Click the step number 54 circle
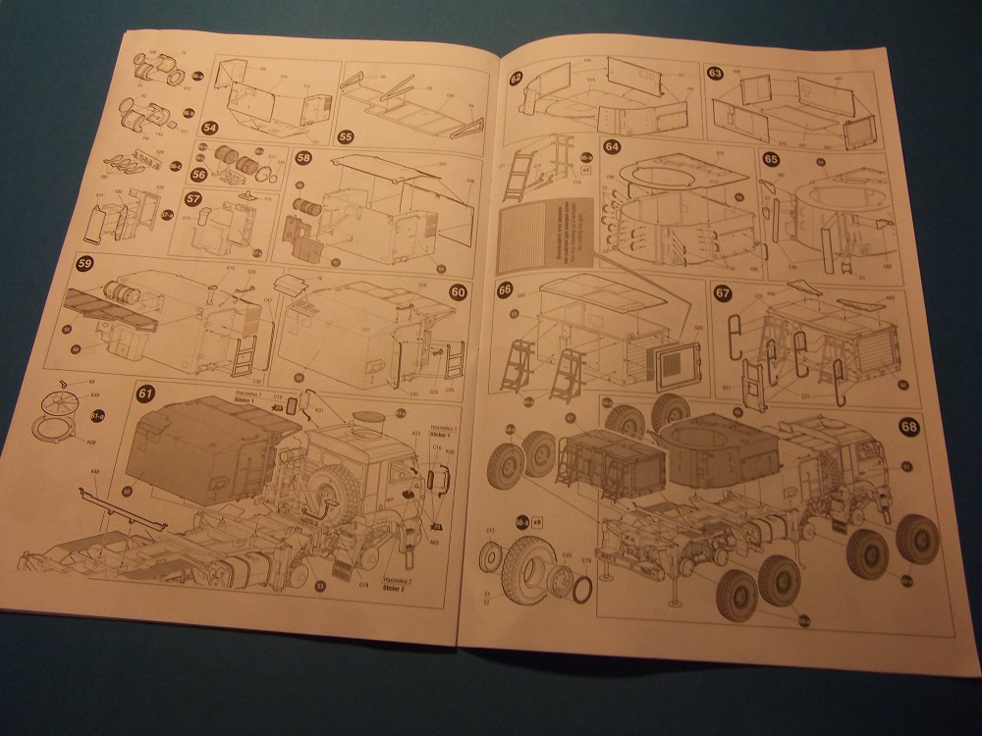(x=209, y=129)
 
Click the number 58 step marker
(x=303, y=160)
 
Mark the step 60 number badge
(x=457, y=291)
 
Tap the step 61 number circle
(x=145, y=394)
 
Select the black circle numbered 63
(x=715, y=74)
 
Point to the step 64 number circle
(x=613, y=147)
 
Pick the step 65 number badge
(x=772, y=159)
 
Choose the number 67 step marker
(x=724, y=292)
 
